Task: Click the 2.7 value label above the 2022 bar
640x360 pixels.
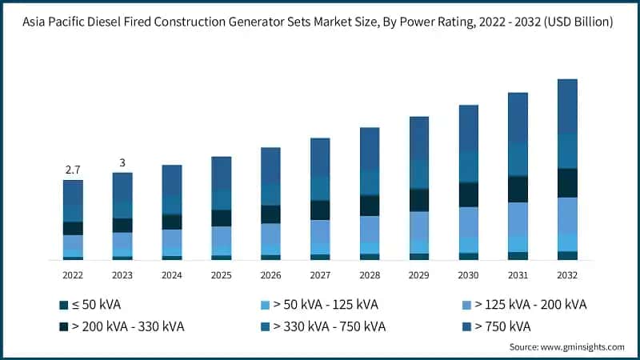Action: (73, 170)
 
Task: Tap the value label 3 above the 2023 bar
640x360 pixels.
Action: (122, 162)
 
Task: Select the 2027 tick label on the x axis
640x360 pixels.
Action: (320, 274)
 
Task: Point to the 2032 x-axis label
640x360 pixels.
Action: (567, 274)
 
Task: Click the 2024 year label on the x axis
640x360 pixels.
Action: (172, 274)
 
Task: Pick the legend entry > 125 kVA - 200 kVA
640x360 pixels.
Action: (529, 305)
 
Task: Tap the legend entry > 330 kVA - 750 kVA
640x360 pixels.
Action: (323, 326)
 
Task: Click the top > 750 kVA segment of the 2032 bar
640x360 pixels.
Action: (567, 106)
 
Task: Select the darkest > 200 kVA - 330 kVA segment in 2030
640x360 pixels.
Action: (469, 194)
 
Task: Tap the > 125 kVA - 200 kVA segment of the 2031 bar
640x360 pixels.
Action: (518, 218)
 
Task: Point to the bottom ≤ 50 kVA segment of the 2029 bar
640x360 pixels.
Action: (419, 257)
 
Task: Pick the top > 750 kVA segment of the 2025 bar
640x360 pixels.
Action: (222, 173)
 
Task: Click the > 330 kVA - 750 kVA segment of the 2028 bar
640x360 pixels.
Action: (370, 182)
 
